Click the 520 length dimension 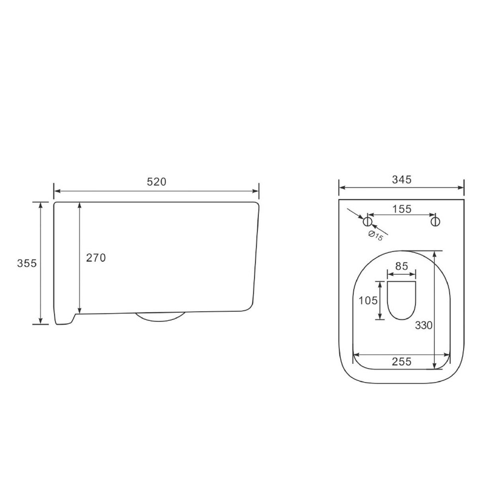(156, 182)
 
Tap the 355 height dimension (27, 263)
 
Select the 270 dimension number (96, 258)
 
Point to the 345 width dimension (401, 180)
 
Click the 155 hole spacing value (402, 209)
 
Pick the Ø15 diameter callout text (376, 235)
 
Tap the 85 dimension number (402, 266)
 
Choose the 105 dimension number (368, 301)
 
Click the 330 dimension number (424, 325)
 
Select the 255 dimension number (401, 361)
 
